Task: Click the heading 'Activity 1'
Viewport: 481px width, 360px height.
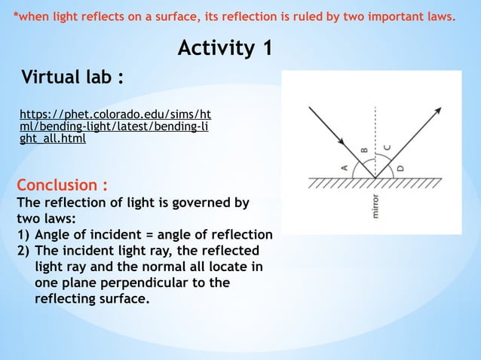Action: click(225, 49)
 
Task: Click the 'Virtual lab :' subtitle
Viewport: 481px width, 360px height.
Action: click(72, 78)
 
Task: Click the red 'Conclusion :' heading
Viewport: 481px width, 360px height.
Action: click(62, 185)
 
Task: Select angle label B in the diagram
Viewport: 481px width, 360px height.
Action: click(364, 151)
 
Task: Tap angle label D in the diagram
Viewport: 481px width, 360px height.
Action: click(400, 168)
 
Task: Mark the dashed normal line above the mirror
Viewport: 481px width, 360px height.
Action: click(375, 136)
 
